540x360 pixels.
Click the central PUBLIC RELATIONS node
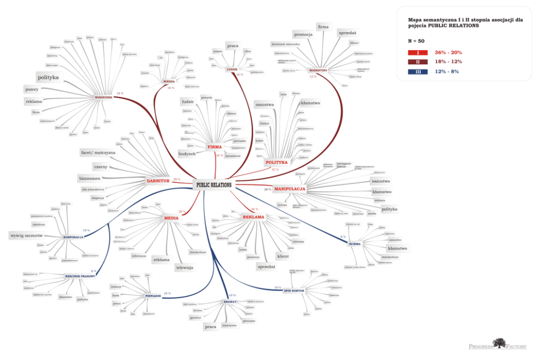pyautogui.click(x=214, y=185)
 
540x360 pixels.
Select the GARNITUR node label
pyautogui.click(x=158, y=180)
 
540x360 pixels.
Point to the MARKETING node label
pyautogui.click(x=318, y=70)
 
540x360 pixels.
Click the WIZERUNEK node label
pyautogui.click(x=103, y=97)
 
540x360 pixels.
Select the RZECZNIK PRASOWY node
pyautogui.click(x=80, y=276)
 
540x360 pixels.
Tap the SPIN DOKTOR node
pyautogui.click(x=294, y=291)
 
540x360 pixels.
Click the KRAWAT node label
pyautogui.click(x=230, y=301)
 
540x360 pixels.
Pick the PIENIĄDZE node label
pyautogui.click(x=153, y=296)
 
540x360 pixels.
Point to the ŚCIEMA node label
pyautogui.click(x=354, y=244)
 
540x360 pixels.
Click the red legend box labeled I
pyautogui.click(x=418, y=53)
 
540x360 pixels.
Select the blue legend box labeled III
pyautogui.click(x=418, y=71)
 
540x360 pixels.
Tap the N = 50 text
pyautogui.click(x=416, y=41)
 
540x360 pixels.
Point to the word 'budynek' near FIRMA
pyautogui.click(x=187, y=154)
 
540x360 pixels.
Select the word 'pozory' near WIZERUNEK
pyautogui.click(x=32, y=89)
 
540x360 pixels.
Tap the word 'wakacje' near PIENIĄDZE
pyautogui.click(x=115, y=286)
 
